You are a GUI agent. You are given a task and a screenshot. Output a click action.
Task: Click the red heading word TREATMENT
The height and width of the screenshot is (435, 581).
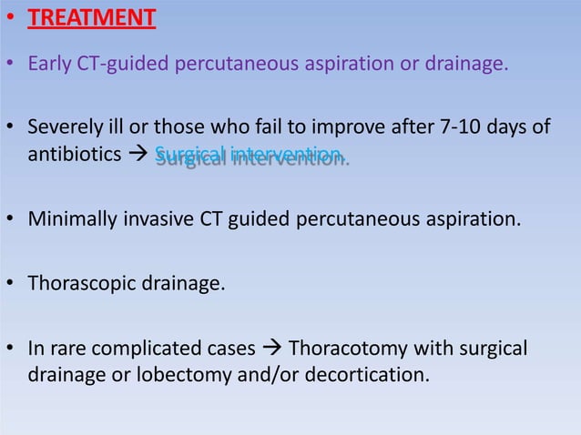[x=91, y=17]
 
